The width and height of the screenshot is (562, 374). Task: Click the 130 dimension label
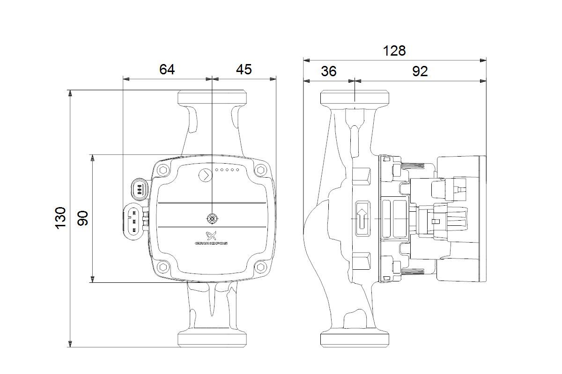[x=61, y=218]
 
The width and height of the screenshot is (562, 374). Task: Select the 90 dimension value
[x=83, y=218]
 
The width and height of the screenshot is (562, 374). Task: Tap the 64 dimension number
[x=167, y=69]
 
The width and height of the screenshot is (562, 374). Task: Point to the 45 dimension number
[x=244, y=69]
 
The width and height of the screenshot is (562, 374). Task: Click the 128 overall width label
[x=394, y=50]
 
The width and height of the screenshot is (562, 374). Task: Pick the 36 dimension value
[x=329, y=71]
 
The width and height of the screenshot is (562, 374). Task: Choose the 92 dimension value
[x=420, y=71]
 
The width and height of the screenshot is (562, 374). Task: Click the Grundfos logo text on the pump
[x=211, y=244]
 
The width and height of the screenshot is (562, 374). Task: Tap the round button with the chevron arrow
[x=205, y=176]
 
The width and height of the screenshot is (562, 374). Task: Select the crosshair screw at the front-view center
[x=212, y=218]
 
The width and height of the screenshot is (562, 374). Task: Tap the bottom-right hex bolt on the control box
[x=261, y=268]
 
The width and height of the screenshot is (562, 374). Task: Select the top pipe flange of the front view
[x=212, y=98]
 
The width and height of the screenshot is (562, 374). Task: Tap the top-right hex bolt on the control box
[x=261, y=170]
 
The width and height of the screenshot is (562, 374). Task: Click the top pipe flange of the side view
[x=355, y=98]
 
